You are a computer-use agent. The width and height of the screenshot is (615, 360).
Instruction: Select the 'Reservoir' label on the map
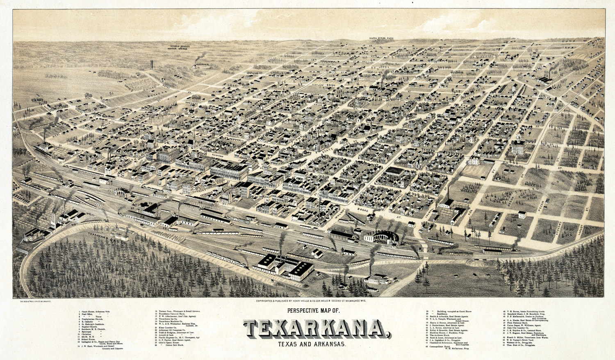click(202, 65)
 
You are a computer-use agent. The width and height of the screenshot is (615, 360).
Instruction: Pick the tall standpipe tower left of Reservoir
click(151, 66)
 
